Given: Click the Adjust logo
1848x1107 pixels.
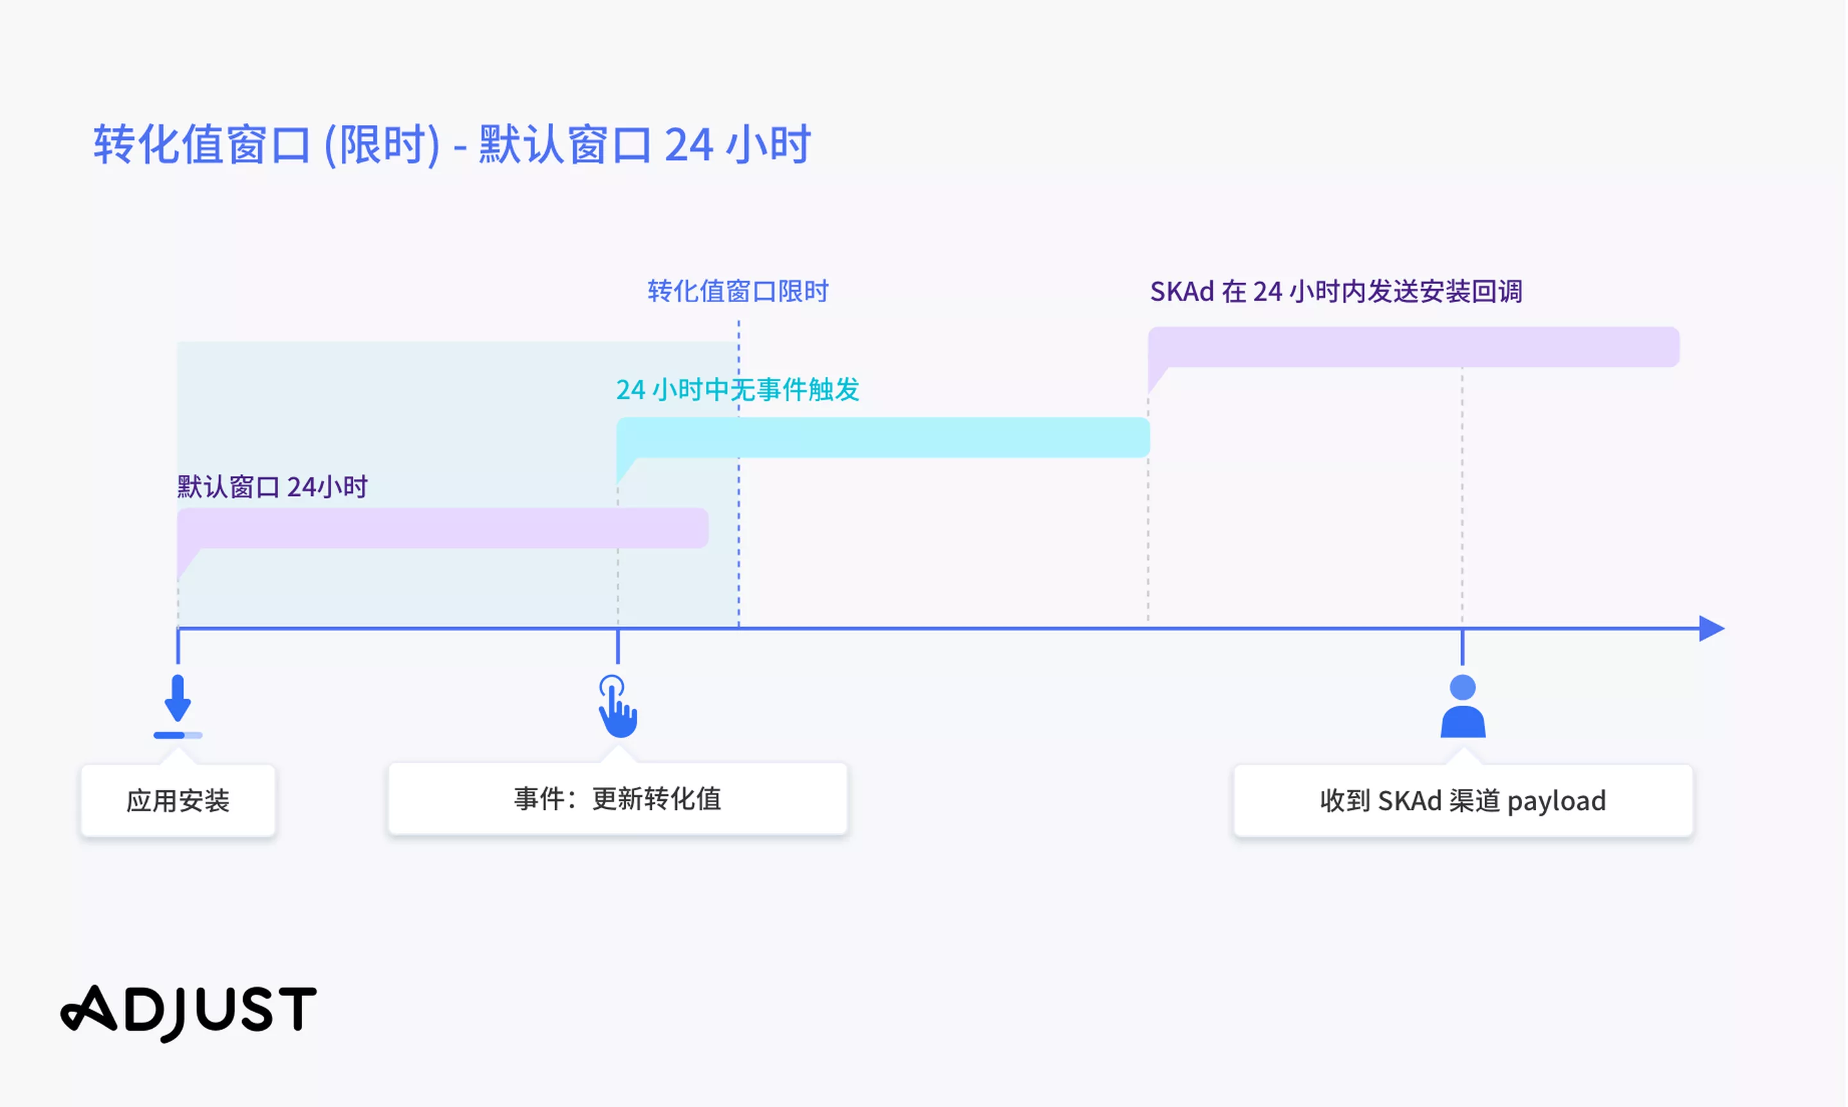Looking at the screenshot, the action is tap(189, 1012).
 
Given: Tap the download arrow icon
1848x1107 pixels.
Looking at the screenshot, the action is tap(178, 698).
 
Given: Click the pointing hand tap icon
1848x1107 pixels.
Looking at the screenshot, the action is tap(618, 706).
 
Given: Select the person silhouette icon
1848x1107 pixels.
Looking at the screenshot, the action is tap(1463, 706).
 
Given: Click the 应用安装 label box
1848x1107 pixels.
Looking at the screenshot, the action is tap(178, 800).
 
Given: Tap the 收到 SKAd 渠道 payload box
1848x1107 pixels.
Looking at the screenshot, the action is tap(1463, 800).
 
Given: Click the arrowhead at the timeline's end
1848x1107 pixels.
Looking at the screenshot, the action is tap(1712, 629).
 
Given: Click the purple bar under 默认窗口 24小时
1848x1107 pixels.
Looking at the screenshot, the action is tap(442, 528).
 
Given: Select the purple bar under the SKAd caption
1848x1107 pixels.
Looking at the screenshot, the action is tap(1414, 347).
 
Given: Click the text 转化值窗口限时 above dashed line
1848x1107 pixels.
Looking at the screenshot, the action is tap(738, 291).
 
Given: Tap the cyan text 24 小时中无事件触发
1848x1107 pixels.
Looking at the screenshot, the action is tap(738, 389).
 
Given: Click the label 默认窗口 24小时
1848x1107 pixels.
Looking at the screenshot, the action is tap(272, 487).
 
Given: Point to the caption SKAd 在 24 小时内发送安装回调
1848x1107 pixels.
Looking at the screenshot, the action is tap(1336, 292).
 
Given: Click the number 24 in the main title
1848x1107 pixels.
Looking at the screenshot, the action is tap(689, 145).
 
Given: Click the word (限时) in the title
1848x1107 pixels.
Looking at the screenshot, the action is tap(382, 145).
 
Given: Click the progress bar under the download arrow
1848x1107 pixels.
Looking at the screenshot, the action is tap(178, 736).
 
